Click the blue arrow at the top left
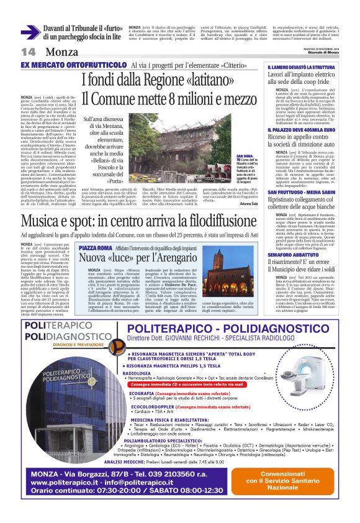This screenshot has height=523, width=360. pyautogui.click(x=30, y=33)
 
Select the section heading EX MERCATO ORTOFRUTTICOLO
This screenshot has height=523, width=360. pyautogui.click(x=73, y=65)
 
